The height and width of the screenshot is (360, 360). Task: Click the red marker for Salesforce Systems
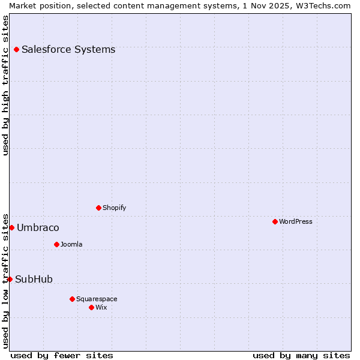(16, 49)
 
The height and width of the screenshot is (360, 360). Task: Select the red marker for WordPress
(275, 221)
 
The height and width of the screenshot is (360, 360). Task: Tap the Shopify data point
(98, 208)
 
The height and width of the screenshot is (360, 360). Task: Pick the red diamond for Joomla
(56, 244)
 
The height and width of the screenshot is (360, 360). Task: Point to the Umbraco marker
(11, 227)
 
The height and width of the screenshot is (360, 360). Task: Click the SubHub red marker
(10, 279)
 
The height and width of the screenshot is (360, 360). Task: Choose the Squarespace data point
(72, 299)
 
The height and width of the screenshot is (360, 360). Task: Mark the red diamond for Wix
(91, 307)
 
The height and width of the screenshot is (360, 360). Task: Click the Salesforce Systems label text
(68, 49)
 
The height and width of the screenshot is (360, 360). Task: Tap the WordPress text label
(295, 221)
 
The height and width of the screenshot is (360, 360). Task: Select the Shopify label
(114, 208)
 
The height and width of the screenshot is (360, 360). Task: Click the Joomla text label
(71, 244)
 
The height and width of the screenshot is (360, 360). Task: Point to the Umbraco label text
(38, 227)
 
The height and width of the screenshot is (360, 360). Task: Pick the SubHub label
(34, 279)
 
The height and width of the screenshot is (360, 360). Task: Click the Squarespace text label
(97, 299)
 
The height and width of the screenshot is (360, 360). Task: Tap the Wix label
(101, 307)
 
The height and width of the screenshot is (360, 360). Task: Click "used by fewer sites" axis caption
(62, 355)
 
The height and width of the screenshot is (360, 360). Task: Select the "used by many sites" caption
(301, 355)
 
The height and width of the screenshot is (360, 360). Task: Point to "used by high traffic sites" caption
(5, 85)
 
